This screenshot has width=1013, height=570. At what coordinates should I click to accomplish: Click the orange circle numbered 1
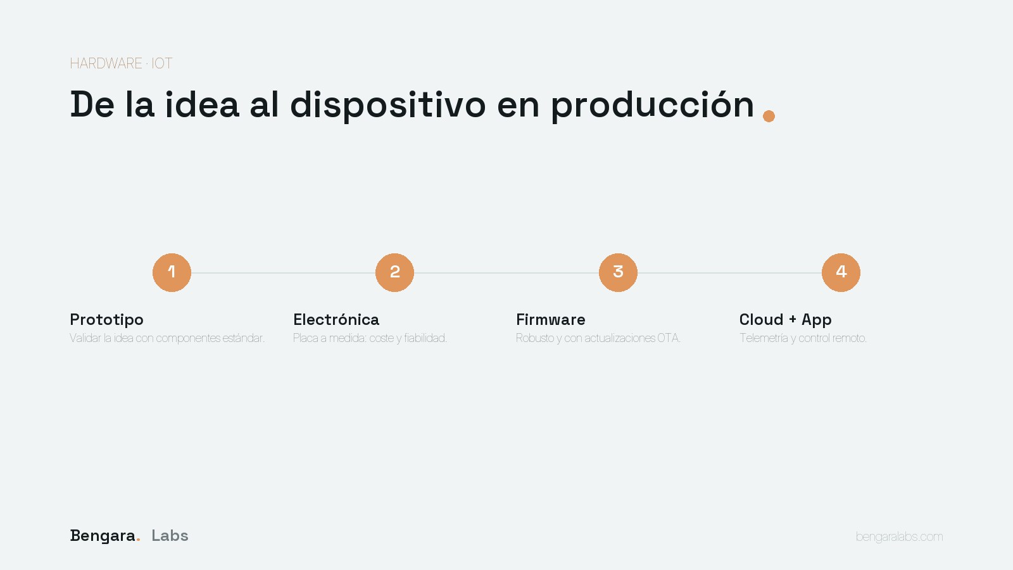click(172, 272)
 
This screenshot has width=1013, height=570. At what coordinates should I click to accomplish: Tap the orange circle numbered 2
click(395, 272)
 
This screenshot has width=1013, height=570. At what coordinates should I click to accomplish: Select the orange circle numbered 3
click(618, 272)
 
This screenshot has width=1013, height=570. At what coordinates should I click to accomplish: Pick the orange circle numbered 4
click(841, 272)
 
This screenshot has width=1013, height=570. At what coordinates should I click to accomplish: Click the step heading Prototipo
click(107, 320)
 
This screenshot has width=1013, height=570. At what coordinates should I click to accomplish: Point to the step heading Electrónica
click(336, 319)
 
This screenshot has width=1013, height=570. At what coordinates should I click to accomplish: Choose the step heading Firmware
click(551, 320)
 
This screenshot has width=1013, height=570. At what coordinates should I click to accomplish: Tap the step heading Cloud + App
click(786, 320)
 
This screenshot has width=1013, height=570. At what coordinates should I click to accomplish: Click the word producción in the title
click(653, 105)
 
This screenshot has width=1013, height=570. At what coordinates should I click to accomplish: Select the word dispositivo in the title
click(388, 105)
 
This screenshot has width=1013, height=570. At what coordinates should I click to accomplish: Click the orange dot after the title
click(769, 117)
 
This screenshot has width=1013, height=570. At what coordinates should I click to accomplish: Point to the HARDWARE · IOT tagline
click(121, 63)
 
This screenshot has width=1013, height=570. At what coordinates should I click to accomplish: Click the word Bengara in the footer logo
click(103, 536)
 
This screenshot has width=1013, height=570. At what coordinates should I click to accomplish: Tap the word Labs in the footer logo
click(170, 536)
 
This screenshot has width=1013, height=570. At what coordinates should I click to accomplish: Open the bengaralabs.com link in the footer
click(900, 536)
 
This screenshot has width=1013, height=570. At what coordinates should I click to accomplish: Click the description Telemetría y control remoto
click(803, 338)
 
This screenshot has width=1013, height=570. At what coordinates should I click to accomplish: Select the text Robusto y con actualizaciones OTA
click(598, 338)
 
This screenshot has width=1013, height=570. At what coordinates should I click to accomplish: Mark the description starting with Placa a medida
click(370, 338)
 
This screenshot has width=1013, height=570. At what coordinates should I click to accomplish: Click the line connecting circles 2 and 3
click(507, 273)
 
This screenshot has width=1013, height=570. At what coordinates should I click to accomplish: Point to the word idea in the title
click(202, 105)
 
